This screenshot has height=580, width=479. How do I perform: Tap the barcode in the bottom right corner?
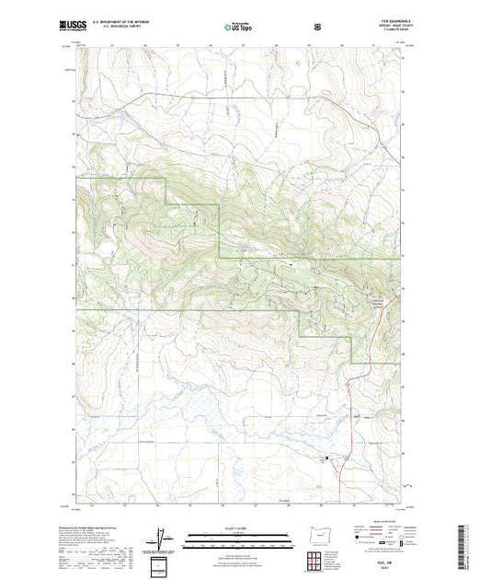tap(465, 544)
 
